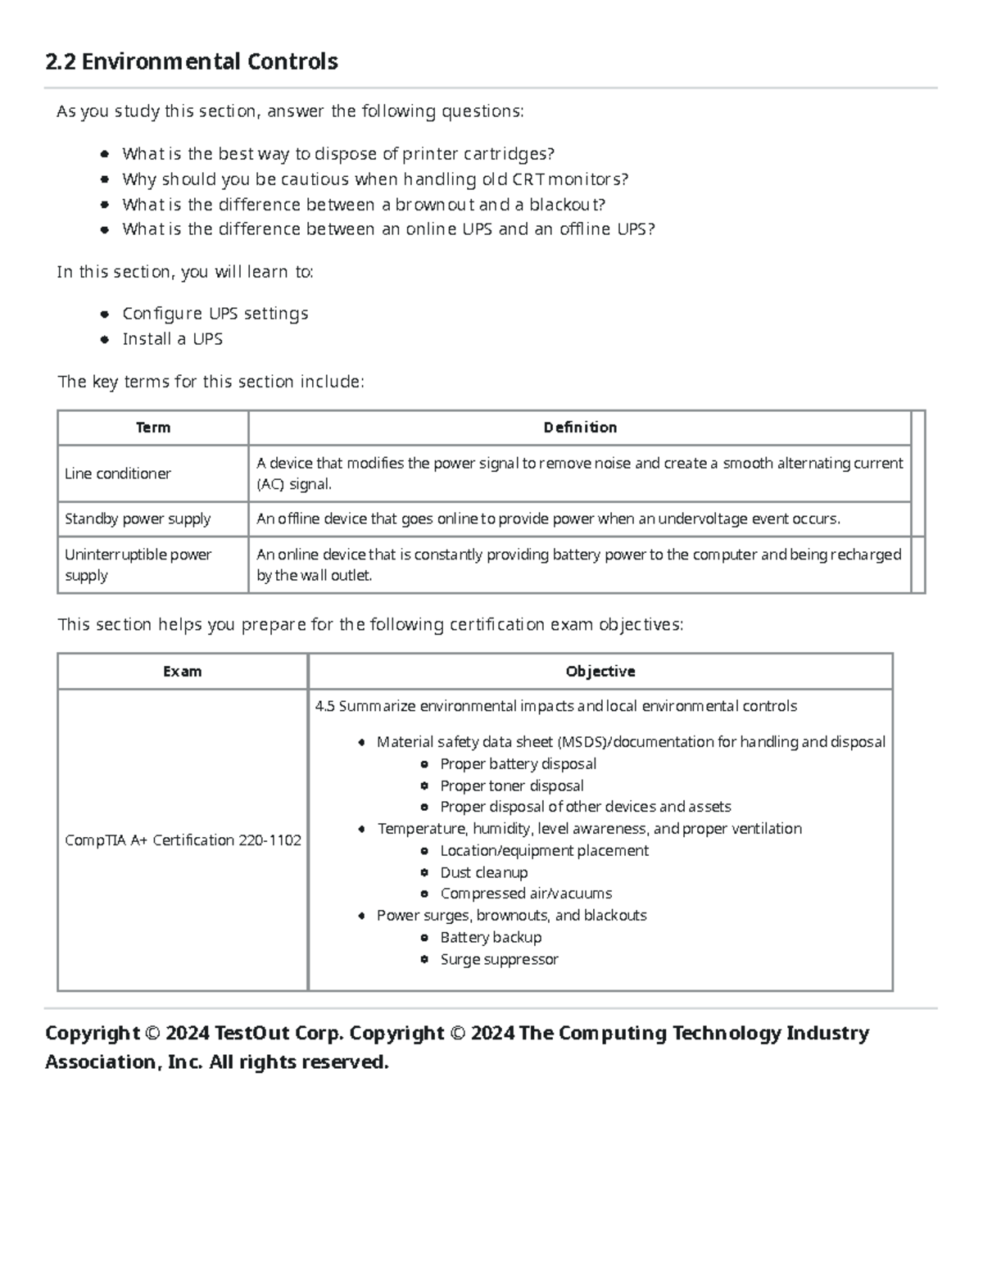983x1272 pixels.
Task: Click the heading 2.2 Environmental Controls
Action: tap(192, 61)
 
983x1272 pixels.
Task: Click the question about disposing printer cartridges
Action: tap(337, 154)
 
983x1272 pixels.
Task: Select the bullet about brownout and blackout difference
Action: tap(363, 205)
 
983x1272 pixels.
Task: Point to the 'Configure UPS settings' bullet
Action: tap(215, 314)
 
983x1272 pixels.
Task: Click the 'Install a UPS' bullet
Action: tap(172, 339)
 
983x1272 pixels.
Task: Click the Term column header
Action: tap(153, 428)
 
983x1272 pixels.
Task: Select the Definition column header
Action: tap(580, 428)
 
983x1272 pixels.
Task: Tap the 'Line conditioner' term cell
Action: tap(118, 473)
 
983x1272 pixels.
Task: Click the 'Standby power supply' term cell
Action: tap(138, 518)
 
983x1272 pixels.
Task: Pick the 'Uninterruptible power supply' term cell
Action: tap(138, 564)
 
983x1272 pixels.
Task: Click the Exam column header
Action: tap(182, 672)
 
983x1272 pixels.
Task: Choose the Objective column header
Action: tap(600, 672)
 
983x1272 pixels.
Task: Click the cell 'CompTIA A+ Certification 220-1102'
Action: tap(183, 840)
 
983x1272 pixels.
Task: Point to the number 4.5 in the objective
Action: tap(324, 706)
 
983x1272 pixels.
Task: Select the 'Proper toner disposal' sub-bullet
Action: tap(511, 785)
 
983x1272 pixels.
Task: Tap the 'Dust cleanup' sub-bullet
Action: tap(483, 872)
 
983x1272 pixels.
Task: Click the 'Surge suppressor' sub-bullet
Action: tap(499, 959)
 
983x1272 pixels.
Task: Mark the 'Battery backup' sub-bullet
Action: tap(490, 937)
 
